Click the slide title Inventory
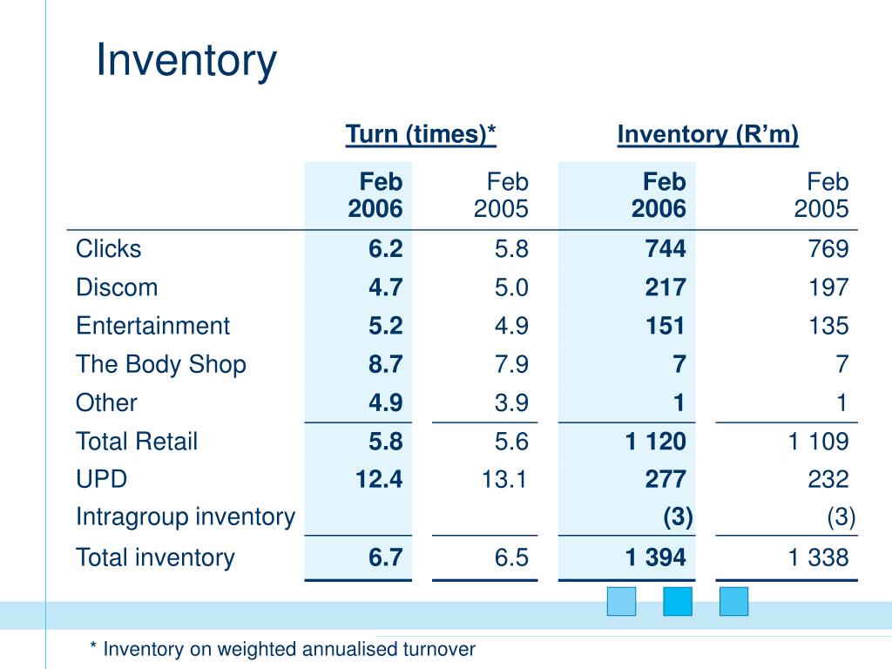click(186, 61)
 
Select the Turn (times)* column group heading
click(421, 135)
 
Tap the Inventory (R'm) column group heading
click(707, 135)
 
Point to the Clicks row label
click(108, 249)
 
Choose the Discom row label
click(117, 287)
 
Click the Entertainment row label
click(152, 326)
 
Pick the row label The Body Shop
click(161, 364)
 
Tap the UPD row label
click(102, 479)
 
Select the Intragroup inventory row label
click(186, 517)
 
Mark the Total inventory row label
click(155, 557)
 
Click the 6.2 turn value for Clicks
click(385, 249)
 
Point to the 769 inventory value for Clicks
click(828, 249)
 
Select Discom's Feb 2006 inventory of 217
click(665, 287)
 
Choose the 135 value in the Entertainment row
click(828, 326)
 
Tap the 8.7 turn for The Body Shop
click(385, 364)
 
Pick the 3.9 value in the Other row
click(511, 402)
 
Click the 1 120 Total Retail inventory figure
click(655, 441)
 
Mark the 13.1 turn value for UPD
click(504, 479)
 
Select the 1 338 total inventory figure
click(818, 557)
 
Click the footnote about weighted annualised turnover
click(283, 649)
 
